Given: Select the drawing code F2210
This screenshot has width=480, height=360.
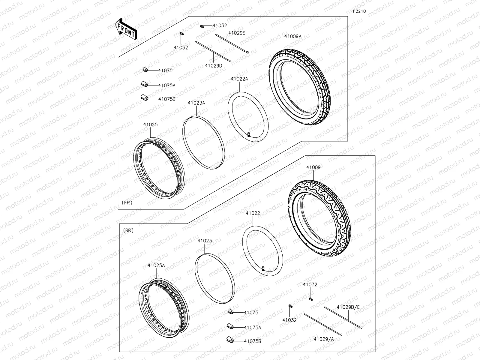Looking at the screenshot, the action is click(359, 11).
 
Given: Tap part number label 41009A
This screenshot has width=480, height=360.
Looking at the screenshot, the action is click(292, 36).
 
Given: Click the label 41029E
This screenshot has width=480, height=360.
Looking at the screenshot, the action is click(236, 33).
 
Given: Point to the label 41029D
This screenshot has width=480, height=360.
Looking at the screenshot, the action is click(214, 65).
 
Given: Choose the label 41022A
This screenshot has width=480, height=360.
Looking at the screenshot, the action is click(239, 79).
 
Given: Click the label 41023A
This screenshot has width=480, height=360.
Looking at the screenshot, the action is click(196, 103).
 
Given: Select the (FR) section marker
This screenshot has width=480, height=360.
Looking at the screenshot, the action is click(127, 202).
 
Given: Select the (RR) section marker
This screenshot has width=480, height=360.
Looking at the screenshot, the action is click(128, 230).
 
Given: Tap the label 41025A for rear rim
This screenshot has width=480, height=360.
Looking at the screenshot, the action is click(156, 265).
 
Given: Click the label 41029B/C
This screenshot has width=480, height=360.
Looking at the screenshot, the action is click(348, 307).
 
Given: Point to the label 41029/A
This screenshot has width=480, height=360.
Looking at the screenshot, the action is click(324, 339).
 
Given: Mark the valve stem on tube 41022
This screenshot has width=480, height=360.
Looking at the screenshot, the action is click(263, 268).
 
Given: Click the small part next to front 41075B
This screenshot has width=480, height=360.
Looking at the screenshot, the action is click(144, 97).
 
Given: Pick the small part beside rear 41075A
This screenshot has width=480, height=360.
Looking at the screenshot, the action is click(230, 326).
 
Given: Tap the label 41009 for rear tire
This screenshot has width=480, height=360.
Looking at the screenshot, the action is click(313, 167).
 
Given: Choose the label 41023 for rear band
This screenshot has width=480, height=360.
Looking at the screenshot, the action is click(205, 241).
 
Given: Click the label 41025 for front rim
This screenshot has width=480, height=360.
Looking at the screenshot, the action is click(150, 124).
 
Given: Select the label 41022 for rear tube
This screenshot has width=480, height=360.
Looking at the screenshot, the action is click(253, 213).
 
